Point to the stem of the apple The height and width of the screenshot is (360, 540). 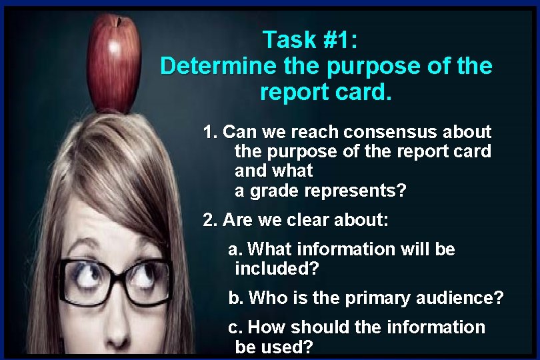[121, 20]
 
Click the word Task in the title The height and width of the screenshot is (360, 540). [288, 40]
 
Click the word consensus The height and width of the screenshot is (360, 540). [388, 132]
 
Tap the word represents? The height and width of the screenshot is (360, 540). [355, 191]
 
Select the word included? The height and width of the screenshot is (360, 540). [277, 269]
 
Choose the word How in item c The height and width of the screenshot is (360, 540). [265, 327]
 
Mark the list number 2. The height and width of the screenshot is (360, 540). [209, 219]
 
